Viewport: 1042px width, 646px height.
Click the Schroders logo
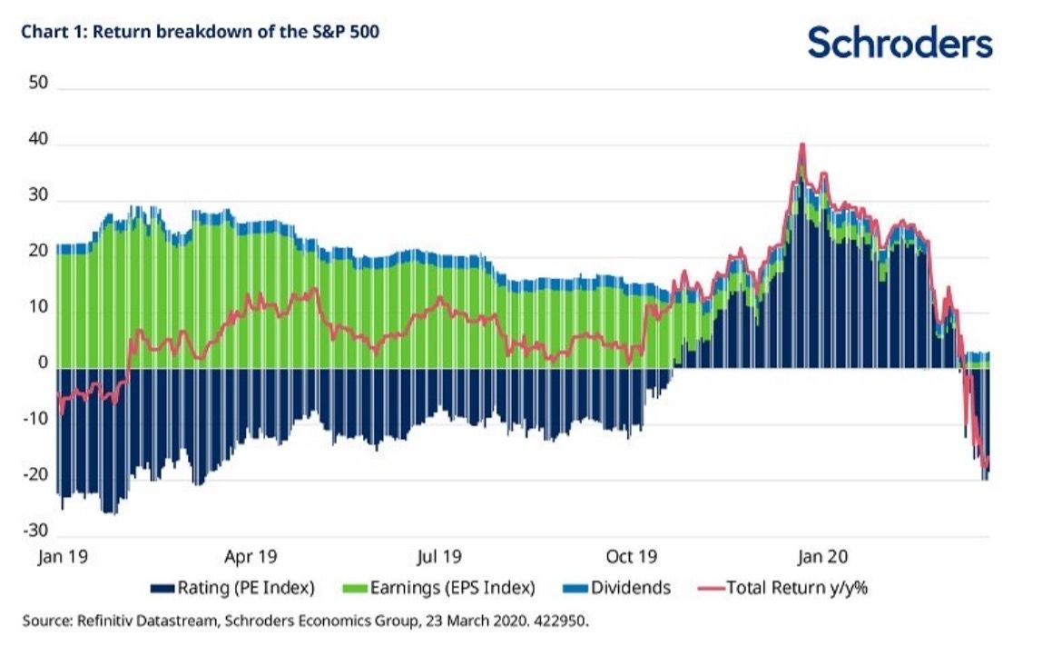[899, 43]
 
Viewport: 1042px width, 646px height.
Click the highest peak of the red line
[801, 144]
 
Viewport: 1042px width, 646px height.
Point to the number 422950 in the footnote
[564, 622]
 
